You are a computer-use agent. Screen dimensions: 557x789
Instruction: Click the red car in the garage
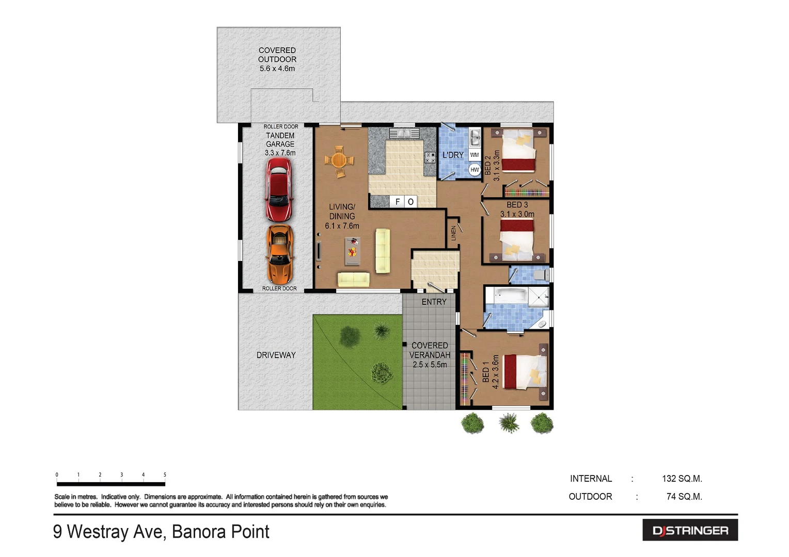point(279,189)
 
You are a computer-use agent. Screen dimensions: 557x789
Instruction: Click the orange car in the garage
point(279,254)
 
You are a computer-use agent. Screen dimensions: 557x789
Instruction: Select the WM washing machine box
point(475,155)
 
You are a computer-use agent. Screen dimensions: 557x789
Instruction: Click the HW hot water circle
point(475,170)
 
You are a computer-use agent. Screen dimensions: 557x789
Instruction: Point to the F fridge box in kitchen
point(398,202)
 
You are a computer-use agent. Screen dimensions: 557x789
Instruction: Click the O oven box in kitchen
point(411,202)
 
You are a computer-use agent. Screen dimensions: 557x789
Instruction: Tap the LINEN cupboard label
point(453,233)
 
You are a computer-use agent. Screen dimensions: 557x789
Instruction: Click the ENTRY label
point(434,302)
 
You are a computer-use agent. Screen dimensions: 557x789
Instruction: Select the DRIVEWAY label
point(276,355)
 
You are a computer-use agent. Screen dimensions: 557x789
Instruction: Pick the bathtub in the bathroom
point(511,297)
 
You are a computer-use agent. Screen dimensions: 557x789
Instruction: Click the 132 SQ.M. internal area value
point(682,479)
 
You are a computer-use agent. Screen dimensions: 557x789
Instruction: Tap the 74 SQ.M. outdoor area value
point(684,497)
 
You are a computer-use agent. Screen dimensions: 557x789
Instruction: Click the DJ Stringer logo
point(690,530)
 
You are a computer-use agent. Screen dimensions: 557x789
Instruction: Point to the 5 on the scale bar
point(165,475)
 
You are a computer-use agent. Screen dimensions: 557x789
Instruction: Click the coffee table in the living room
point(352,251)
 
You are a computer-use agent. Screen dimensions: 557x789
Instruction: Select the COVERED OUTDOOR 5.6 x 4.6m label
point(277,59)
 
